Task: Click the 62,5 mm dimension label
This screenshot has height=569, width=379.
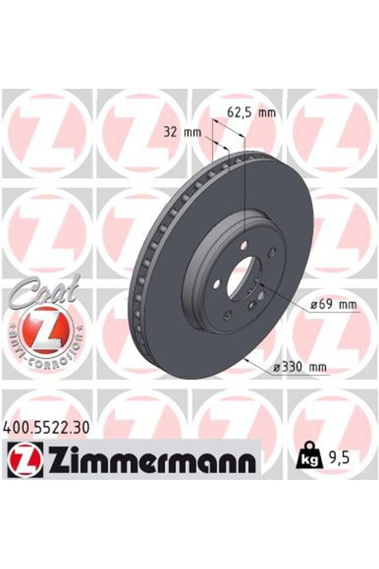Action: [x=251, y=113]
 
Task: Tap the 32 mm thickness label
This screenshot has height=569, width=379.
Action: [x=182, y=132]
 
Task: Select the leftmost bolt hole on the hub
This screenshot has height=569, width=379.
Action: [x=216, y=285]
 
